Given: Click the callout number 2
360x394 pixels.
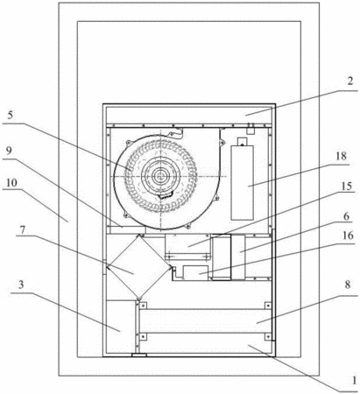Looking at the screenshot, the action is (x=350, y=81).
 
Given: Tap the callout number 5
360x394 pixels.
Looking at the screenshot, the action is (x=10, y=115).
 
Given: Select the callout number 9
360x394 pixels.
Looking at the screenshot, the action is (x=9, y=151).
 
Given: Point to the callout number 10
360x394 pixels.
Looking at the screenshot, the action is (x=11, y=183).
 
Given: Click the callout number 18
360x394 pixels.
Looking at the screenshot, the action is (x=341, y=156).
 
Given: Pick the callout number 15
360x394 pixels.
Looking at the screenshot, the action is (x=347, y=186).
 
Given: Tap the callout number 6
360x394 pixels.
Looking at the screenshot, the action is (x=346, y=216).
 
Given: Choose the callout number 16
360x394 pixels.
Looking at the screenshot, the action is (x=348, y=236).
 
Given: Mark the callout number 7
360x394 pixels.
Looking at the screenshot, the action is (x=23, y=229).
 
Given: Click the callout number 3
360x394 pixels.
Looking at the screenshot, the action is (x=21, y=285).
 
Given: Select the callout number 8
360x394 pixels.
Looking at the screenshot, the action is (x=347, y=285).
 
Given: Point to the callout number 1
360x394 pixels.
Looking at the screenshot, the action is (x=354, y=380).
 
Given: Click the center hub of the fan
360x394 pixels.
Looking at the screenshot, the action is (x=160, y=176).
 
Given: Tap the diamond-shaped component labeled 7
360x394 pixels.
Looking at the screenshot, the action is (x=139, y=267).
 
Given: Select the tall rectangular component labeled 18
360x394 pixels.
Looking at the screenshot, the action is (x=242, y=183).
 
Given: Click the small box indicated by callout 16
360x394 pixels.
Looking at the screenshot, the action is (x=195, y=273).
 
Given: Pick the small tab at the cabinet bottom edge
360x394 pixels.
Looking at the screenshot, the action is (x=139, y=355).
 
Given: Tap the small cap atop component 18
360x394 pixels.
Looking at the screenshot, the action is (x=242, y=142).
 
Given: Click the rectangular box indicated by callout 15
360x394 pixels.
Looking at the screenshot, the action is (x=187, y=243).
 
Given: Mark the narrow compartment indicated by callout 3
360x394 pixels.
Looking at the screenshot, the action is (x=121, y=327).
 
